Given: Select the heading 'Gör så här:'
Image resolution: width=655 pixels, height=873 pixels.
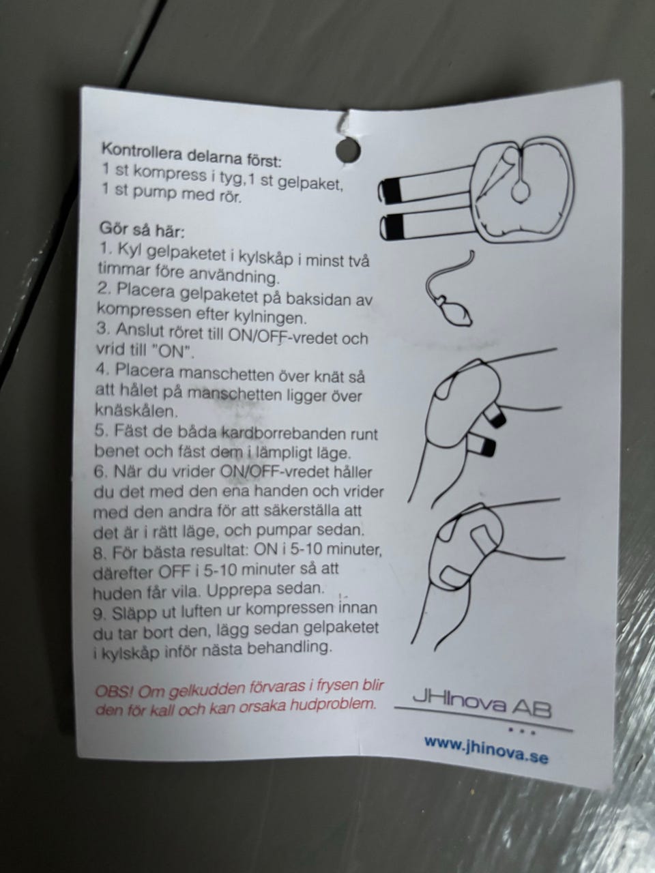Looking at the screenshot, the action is coord(143,229).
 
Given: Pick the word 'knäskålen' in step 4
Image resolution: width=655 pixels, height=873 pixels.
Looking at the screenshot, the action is coord(136,410).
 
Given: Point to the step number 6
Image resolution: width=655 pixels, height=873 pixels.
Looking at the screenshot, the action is coord(100,472).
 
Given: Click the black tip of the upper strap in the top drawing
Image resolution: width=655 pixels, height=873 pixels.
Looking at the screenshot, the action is coord(392,190).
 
